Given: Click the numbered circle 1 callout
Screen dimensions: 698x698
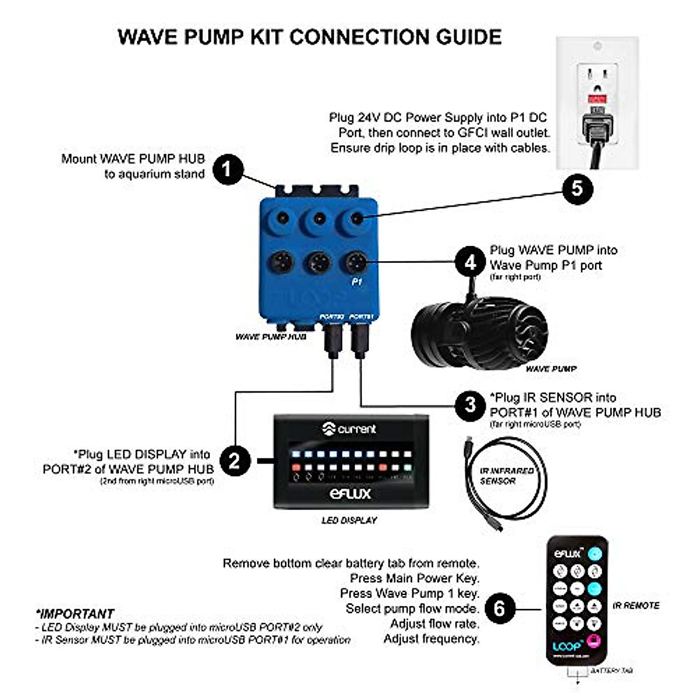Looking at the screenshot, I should [x=227, y=169].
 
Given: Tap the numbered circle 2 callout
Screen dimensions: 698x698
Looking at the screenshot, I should [x=234, y=461].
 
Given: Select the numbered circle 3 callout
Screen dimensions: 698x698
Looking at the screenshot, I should [x=471, y=405].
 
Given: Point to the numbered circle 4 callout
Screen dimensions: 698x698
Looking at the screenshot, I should [x=471, y=263].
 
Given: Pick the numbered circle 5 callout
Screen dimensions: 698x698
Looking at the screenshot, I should [x=577, y=188].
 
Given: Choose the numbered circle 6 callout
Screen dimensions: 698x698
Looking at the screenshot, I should [x=500, y=609].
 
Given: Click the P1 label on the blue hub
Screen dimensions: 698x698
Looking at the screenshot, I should [x=357, y=282].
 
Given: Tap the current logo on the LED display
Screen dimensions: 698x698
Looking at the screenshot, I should [x=350, y=429].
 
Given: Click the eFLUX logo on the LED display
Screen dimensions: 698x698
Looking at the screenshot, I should [x=350, y=494].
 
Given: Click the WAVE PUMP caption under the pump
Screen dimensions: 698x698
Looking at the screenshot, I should [x=551, y=369].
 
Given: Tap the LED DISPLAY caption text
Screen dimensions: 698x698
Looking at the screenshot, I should [x=349, y=520].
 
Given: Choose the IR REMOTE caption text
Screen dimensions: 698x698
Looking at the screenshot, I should [x=636, y=606].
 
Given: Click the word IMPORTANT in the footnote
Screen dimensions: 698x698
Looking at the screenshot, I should [x=76, y=614].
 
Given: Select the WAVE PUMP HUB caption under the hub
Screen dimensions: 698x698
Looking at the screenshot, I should [x=270, y=337].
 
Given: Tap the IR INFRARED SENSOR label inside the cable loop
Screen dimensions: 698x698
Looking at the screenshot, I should [x=506, y=476].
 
